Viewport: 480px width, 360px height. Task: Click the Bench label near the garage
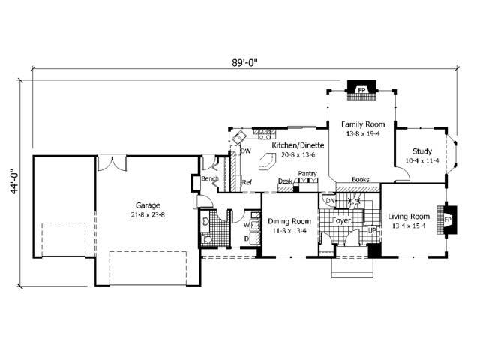(209, 178)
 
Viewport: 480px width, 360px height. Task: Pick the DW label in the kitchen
(245, 151)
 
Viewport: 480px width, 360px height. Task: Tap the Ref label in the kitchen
(246, 181)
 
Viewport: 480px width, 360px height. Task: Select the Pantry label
(307, 174)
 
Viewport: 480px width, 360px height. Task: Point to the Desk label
(284, 181)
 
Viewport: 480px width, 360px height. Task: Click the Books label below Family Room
(361, 180)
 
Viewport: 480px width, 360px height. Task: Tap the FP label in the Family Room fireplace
(361, 91)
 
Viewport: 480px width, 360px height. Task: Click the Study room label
(422, 151)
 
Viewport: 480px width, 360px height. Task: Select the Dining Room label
(289, 221)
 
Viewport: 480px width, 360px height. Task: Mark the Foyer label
(343, 221)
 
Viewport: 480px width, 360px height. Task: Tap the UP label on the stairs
(372, 229)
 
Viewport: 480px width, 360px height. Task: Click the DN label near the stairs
(330, 201)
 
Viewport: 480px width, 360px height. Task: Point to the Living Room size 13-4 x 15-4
(409, 225)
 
